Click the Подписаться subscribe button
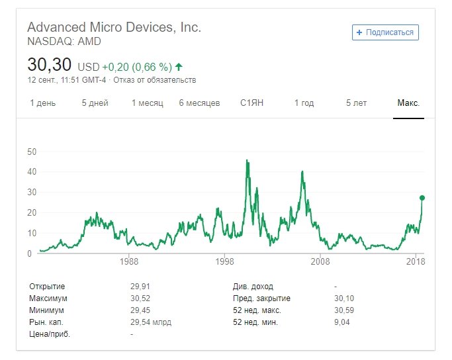(385, 32)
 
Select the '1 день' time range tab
(43, 103)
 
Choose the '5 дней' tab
(95, 103)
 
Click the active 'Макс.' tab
(408, 103)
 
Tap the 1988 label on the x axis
(129, 262)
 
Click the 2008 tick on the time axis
(320, 262)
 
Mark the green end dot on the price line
(422, 198)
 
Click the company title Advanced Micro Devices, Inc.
(114, 28)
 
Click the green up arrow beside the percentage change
(179, 67)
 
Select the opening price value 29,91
(140, 287)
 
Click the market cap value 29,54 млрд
(151, 322)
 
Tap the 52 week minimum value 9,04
(342, 322)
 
